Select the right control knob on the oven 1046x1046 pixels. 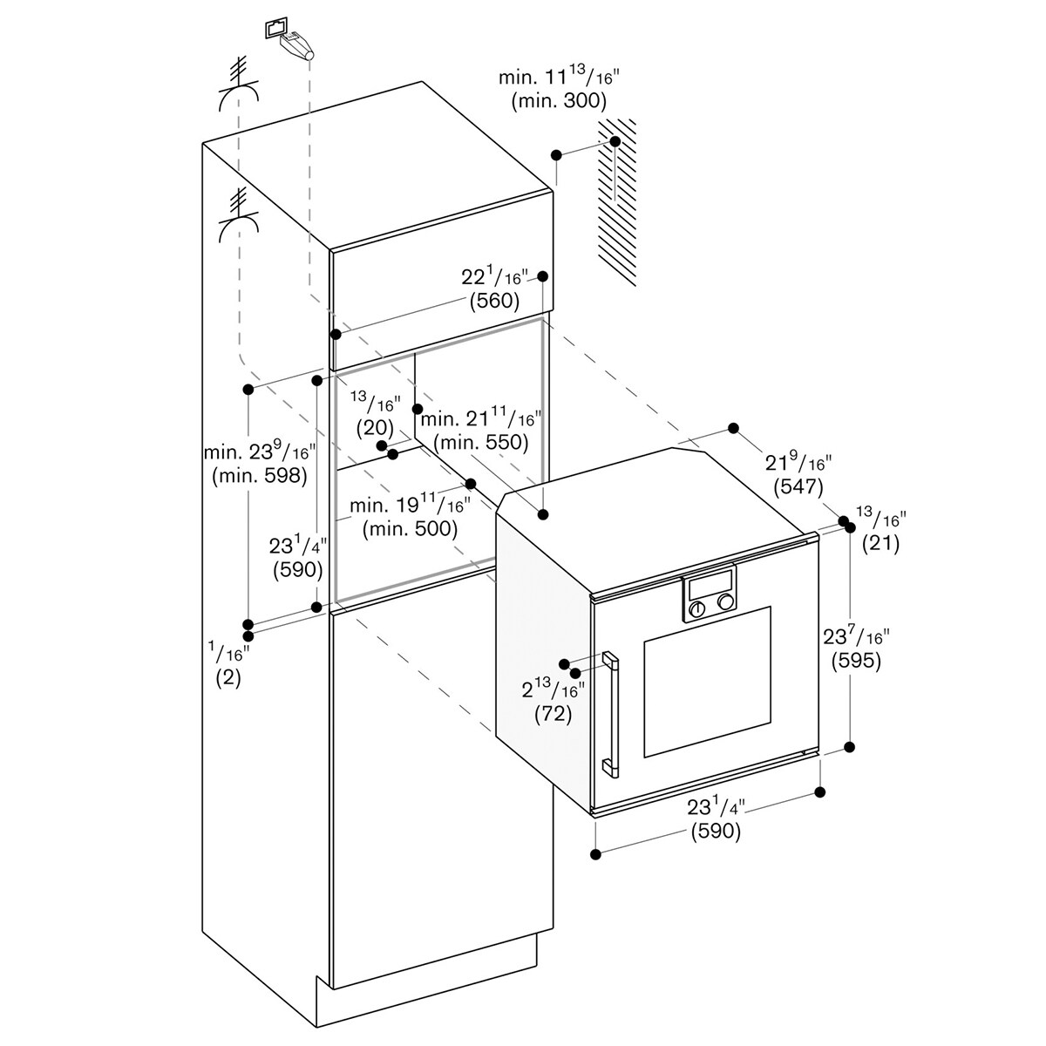724,601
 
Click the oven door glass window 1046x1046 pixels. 707,683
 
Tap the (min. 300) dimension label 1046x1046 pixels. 559,101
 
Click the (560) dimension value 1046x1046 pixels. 494,301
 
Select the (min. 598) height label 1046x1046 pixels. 260,476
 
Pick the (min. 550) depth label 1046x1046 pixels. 481,443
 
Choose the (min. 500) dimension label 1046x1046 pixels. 411,528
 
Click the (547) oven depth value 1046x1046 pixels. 798,487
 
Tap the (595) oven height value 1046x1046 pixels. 856,660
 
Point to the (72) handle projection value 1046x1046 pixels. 554,715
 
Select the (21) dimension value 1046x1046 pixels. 880,543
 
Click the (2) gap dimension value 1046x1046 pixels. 228,678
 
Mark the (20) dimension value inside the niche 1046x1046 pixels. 375,428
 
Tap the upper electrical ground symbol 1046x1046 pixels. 238,87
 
